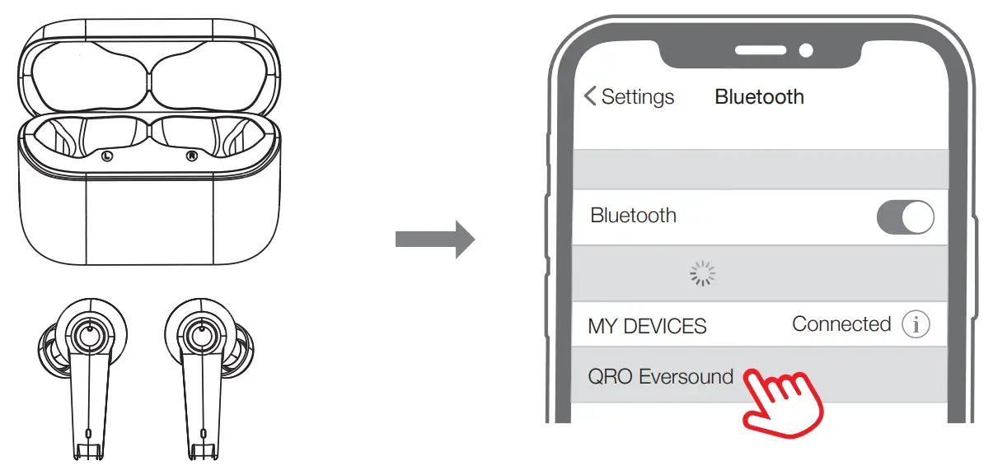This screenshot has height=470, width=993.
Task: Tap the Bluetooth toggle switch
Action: (x=905, y=217)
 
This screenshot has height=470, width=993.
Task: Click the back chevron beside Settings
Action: (x=590, y=96)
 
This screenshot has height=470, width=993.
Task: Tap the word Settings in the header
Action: (x=638, y=97)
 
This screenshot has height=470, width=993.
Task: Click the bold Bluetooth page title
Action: (x=759, y=97)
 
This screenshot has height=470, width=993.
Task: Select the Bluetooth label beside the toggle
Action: (x=633, y=216)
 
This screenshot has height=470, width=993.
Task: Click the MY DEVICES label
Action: (x=647, y=326)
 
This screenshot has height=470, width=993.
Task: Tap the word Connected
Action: (x=841, y=324)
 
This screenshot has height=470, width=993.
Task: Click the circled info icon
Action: (x=916, y=324)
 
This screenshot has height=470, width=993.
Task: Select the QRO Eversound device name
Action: (x=660, y=377)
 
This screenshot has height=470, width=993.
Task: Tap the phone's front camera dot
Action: (x=806, y=51)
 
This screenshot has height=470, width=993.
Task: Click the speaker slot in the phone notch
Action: (x=760, y=51)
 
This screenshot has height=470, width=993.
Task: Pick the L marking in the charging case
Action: (x=106, y=156)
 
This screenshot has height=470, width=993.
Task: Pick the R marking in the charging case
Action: (x=192, y=156)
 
